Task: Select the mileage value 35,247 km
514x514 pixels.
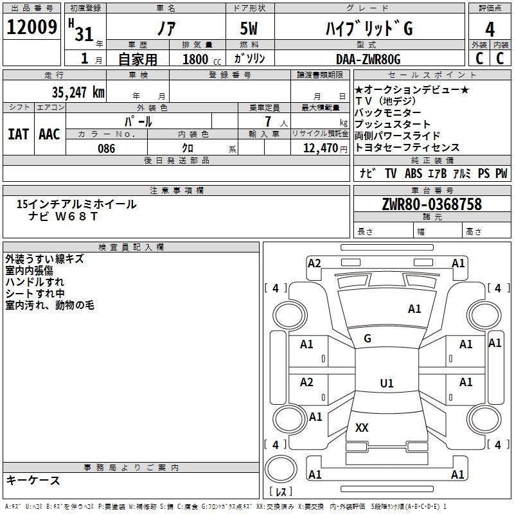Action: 78,92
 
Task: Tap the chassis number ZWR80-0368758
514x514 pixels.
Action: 431,204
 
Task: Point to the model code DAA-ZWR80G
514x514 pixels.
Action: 368,58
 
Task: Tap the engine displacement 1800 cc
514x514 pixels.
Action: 200,59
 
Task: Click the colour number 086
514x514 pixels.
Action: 106,148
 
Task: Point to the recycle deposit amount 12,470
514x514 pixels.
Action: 319,148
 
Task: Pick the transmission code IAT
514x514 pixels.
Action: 18,134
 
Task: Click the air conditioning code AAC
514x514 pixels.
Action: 49,134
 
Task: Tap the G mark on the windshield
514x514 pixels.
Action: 368,339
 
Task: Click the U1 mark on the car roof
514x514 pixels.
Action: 386,384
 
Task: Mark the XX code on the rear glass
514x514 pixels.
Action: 362,427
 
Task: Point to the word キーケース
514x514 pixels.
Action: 33,481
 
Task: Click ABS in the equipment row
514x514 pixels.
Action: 414,173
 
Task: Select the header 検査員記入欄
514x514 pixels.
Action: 131,247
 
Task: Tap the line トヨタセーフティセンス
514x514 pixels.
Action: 407,148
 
